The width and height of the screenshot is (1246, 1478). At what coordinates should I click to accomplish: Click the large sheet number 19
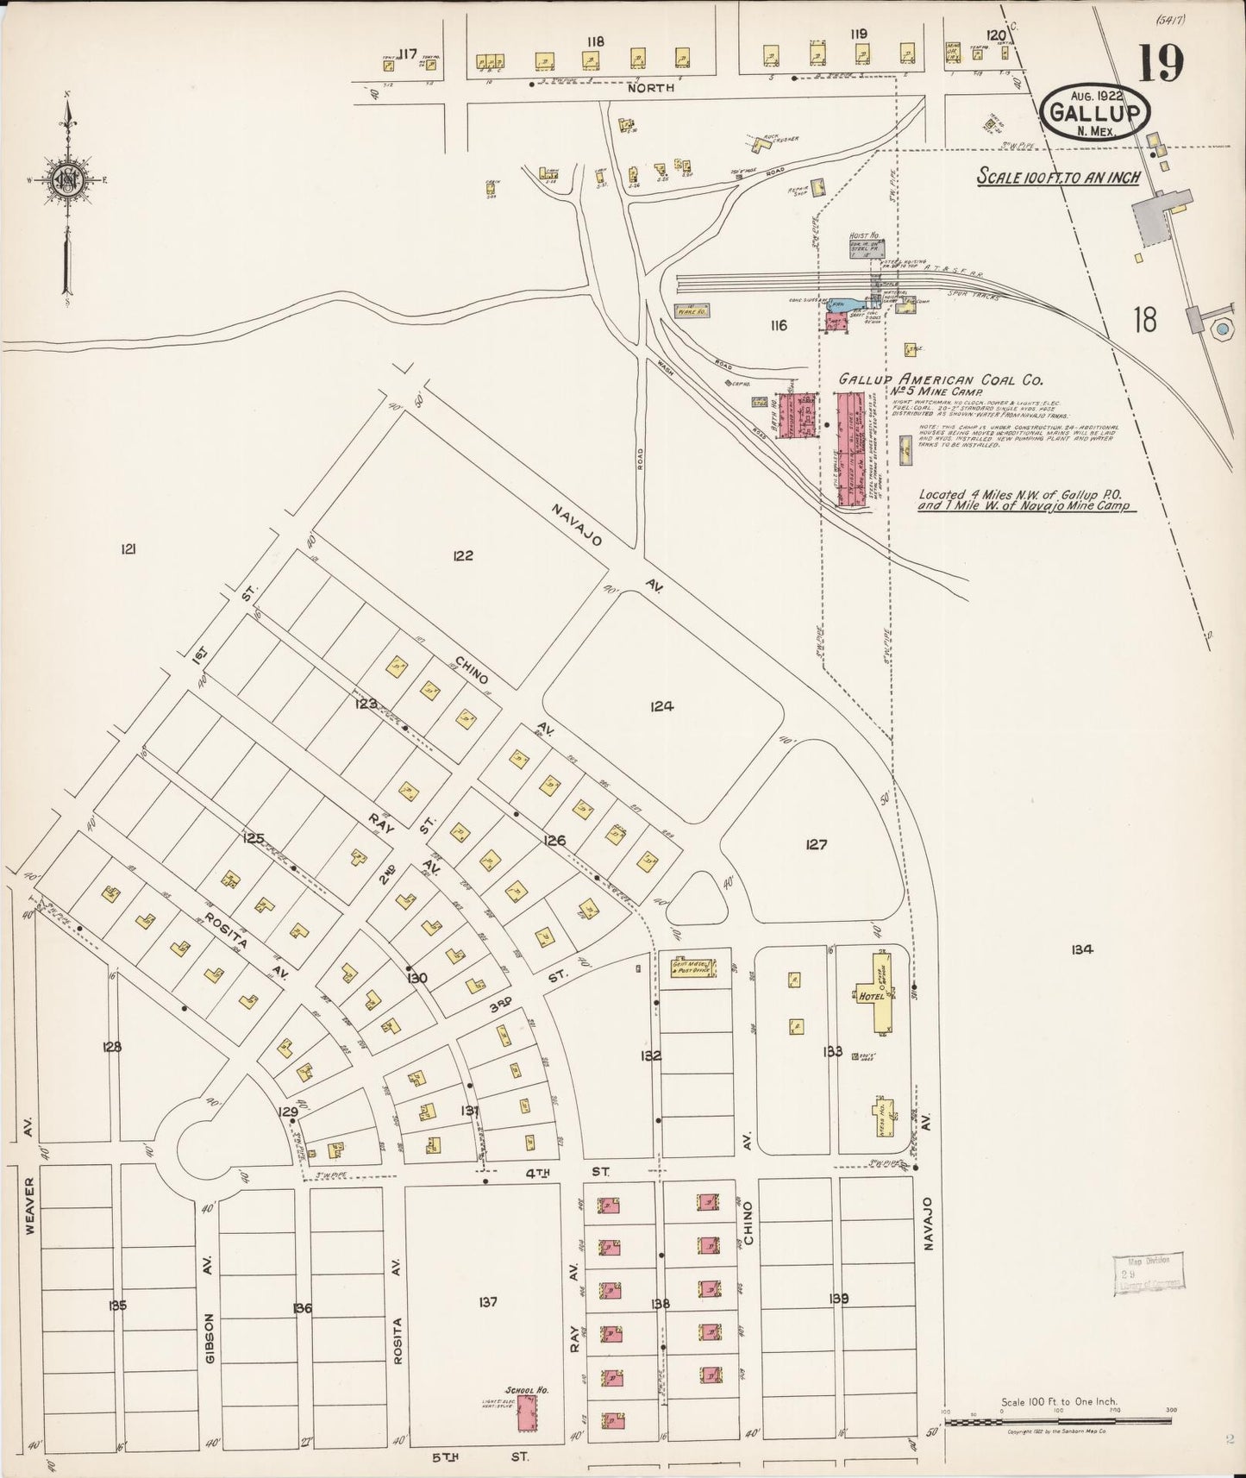point(1161,62)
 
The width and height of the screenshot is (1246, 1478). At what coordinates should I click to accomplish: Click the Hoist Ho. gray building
point(865,248)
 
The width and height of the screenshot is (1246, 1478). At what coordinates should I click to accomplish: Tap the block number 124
point(661,706)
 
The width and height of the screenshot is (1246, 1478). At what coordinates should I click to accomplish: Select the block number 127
point(816,844)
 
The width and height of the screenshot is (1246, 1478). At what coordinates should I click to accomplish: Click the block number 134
point(1082,949)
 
